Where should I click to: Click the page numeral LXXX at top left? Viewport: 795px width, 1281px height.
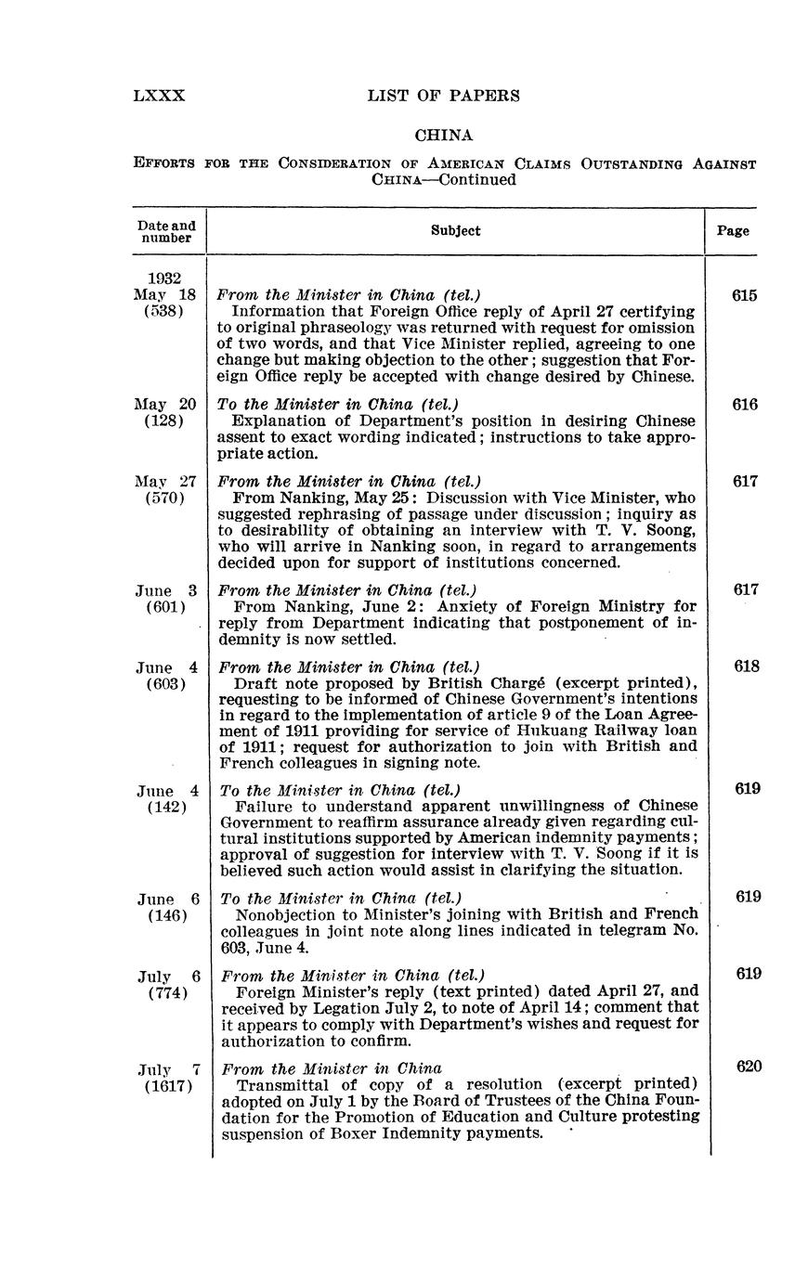[160, 96]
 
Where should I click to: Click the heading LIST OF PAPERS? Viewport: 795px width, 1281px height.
[444, 96]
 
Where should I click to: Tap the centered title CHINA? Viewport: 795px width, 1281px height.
[444, 136]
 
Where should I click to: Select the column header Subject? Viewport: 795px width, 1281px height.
[456, 231]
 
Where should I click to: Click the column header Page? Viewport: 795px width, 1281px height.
[733, 231]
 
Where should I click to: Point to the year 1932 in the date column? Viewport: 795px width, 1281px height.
[164, 278]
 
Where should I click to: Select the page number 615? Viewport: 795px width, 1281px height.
[744, 296]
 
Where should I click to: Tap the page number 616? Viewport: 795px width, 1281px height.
[744, 405]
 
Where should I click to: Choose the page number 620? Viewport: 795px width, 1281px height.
[749, 1067]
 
